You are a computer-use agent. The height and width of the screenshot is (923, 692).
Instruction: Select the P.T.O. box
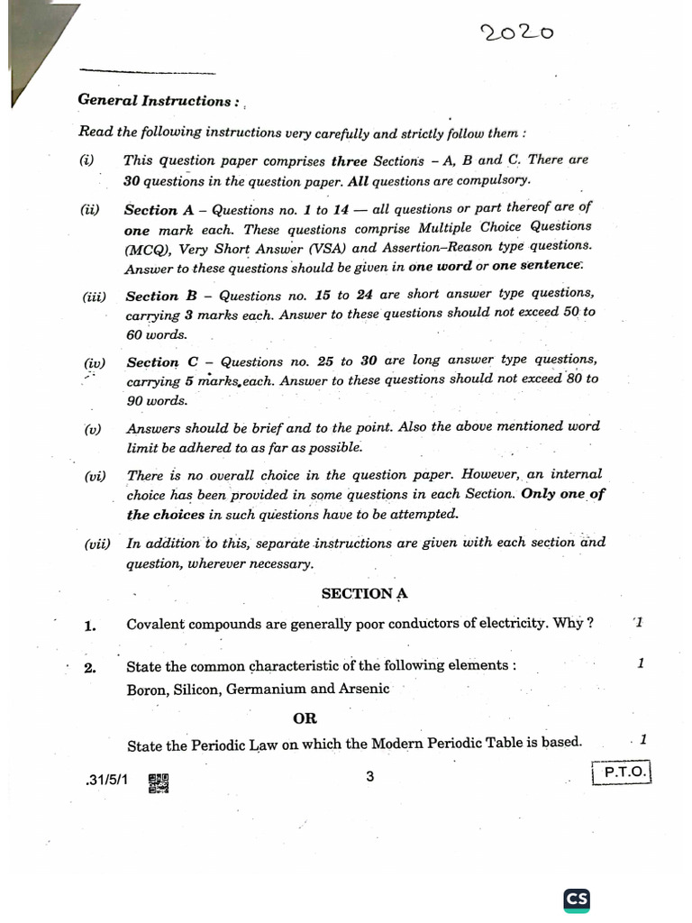click(621, 772)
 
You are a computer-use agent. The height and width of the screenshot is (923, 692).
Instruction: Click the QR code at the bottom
click(159, 783)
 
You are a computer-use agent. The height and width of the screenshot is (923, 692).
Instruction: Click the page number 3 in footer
click(369, 777)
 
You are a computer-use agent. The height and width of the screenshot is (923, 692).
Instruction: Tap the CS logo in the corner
click(577, 899)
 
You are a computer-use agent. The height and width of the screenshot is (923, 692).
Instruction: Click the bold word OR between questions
click(305, 718)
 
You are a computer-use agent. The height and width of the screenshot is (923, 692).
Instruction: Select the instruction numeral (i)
click(86, 160)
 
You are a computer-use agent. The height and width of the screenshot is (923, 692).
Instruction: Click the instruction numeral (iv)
click(95, 363)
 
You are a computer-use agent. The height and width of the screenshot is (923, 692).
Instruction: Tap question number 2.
click(89, 668)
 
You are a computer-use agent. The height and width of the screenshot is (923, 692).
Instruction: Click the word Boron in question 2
click(147, 689)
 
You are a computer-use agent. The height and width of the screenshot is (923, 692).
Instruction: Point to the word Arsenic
click(363, 689)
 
